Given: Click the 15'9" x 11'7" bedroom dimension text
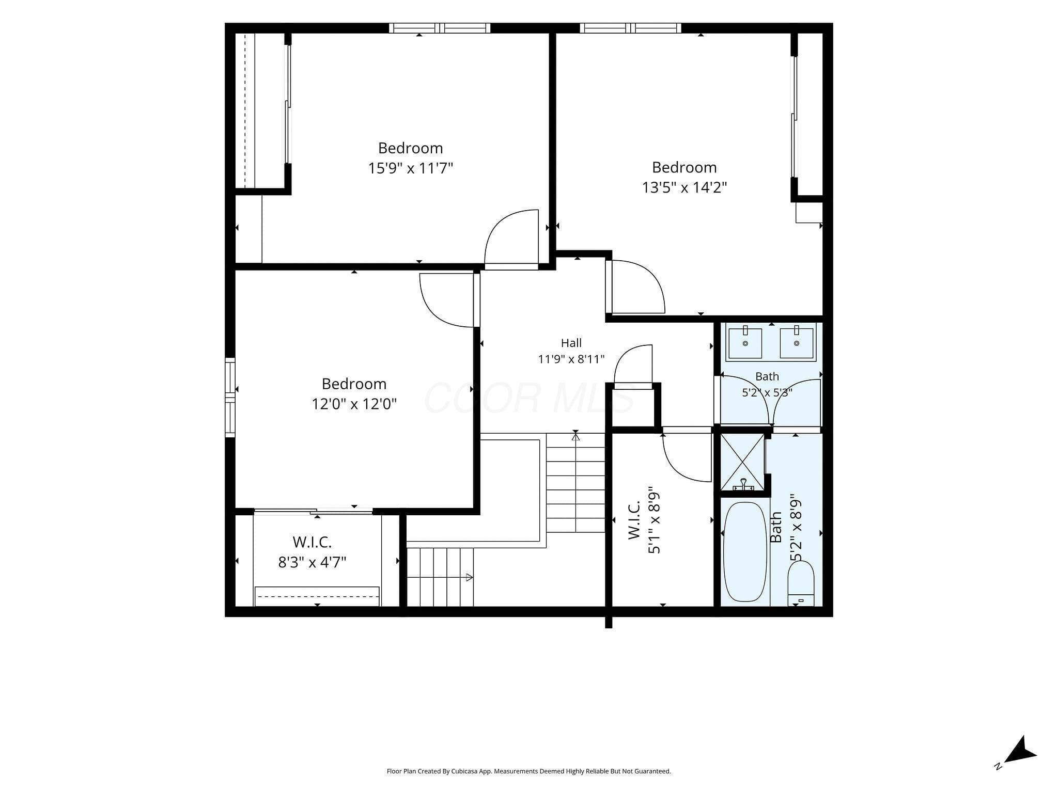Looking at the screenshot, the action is [x=411, y=168].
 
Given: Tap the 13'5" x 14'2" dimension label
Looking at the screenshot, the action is [x=684, y=187].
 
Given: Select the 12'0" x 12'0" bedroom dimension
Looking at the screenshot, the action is [x=354, y=403].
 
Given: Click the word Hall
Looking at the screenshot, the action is [x=571, y=343].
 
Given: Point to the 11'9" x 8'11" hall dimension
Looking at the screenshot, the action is [x=571, y=359].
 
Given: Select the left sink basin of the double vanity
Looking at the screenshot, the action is [x=745, y=343].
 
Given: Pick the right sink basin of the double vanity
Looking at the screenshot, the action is [x=797, y=343].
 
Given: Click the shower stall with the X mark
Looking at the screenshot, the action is [x=742, y=462].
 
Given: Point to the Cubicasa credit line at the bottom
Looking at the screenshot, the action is [x=529, y=771].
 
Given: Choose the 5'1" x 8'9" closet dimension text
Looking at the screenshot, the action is [x=654, y=520].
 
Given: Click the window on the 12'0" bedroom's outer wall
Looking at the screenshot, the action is [x=230, y=398].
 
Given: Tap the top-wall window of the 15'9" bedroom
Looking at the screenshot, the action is [x=440, y=28].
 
